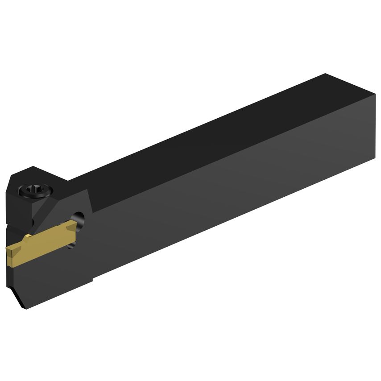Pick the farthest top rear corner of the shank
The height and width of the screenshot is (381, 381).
[326, 74]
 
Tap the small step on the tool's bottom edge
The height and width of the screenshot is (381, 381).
[92, 280]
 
